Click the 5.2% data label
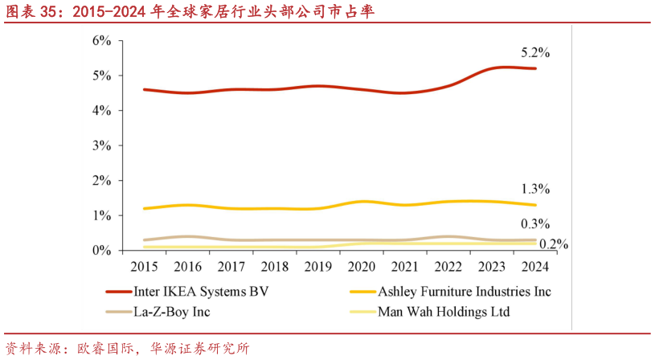pos(534,52)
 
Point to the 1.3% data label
pos(534,189)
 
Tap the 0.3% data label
pos(534,223)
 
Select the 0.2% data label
pos(554,243)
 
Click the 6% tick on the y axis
pos(101,40)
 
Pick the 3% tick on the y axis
pos(101,145)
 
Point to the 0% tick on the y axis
pos(101,251)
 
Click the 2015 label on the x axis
pos(144,266)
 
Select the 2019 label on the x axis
pos(318,266)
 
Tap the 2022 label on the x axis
pos(448,266)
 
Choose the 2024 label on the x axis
pos(535,266)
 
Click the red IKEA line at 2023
pos(493,67)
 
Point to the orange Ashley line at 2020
pos(362,202)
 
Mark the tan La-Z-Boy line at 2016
pos(187,237)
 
